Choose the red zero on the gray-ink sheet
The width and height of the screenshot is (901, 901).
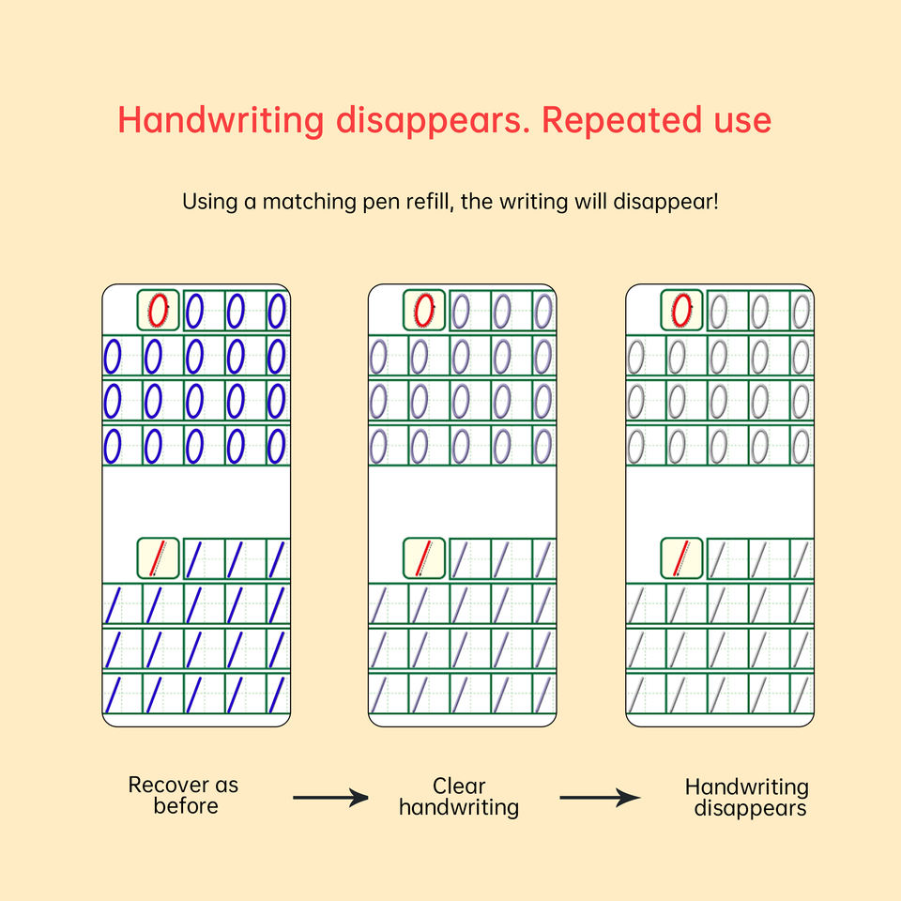point(683,309)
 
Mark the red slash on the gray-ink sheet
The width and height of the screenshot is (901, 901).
point(683,558)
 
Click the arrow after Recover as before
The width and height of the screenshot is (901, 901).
point(330,798)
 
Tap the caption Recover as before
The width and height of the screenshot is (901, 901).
point(184,795)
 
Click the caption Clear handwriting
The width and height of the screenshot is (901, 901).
point(458,796)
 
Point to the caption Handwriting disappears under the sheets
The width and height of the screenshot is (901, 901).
point(747,797)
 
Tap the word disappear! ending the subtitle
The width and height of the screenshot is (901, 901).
point(671,202)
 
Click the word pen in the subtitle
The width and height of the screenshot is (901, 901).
point(380,202)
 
